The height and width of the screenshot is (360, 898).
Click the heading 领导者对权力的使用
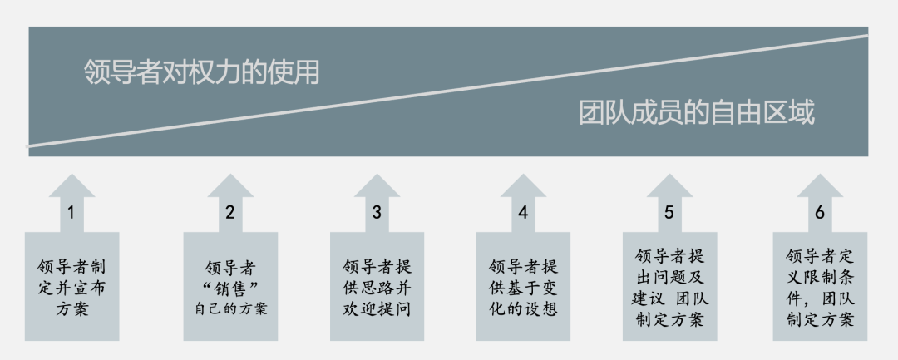pos(202,72)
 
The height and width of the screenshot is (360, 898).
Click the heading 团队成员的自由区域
pos(697,113)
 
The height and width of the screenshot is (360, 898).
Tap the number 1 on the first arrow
pos(71,213)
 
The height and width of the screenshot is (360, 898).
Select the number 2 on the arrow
pos(230,213)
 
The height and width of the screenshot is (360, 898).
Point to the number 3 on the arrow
pos(377,213)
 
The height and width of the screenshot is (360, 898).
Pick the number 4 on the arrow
pos(523,213)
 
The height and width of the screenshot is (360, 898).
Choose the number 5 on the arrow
pos(669,213)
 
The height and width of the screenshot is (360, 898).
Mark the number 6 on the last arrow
pos(820,213)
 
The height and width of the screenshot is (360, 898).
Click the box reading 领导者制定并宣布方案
pos(72,288)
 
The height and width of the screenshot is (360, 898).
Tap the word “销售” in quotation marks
pos(230,288)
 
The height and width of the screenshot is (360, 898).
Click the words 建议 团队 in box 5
pos(669,298)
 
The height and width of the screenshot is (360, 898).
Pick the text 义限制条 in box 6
pos(820,277)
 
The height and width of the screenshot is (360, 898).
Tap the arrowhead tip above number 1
pos(72,177)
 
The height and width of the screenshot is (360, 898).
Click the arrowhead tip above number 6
pos(820,177)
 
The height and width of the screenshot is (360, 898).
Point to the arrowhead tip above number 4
pos(523,177)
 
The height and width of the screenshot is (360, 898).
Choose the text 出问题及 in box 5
pos(669,277)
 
